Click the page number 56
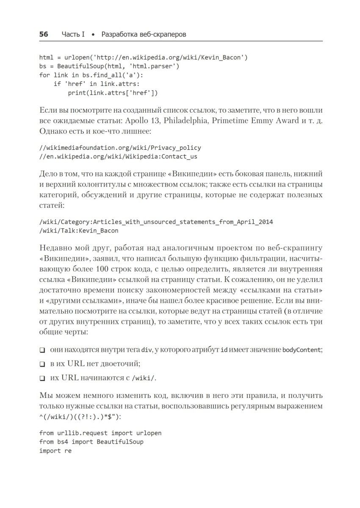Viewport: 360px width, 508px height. click(44, 34)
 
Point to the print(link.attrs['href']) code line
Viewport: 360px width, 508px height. click(113, 93)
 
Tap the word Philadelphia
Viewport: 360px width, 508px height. click(184, 121)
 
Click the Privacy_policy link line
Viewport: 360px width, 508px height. click(120, 148)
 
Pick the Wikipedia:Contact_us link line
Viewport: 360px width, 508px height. click(118, 157)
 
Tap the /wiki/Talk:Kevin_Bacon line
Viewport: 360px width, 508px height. click(79, 231)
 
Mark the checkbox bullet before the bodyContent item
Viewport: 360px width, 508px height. click(42, 351)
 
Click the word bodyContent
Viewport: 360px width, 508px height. click(302, 350)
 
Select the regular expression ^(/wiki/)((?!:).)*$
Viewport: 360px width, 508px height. click(80, 416)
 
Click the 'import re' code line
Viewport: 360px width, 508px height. click(55, 451)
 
